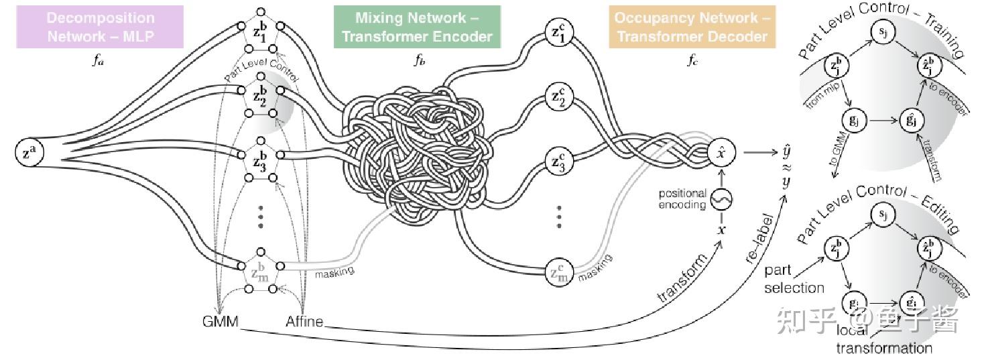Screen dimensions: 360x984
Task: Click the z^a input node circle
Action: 27,153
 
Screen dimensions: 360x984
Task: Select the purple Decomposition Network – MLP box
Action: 100,27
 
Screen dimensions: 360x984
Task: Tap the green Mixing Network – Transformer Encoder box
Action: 417,27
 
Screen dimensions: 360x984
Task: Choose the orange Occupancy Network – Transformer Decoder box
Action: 692,27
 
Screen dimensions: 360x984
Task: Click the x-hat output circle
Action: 721,153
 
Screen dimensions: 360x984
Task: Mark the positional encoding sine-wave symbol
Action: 721,199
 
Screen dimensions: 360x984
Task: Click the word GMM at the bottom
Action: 221,321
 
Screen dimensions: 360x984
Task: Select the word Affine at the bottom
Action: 304,321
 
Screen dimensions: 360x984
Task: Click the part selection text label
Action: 794,279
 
